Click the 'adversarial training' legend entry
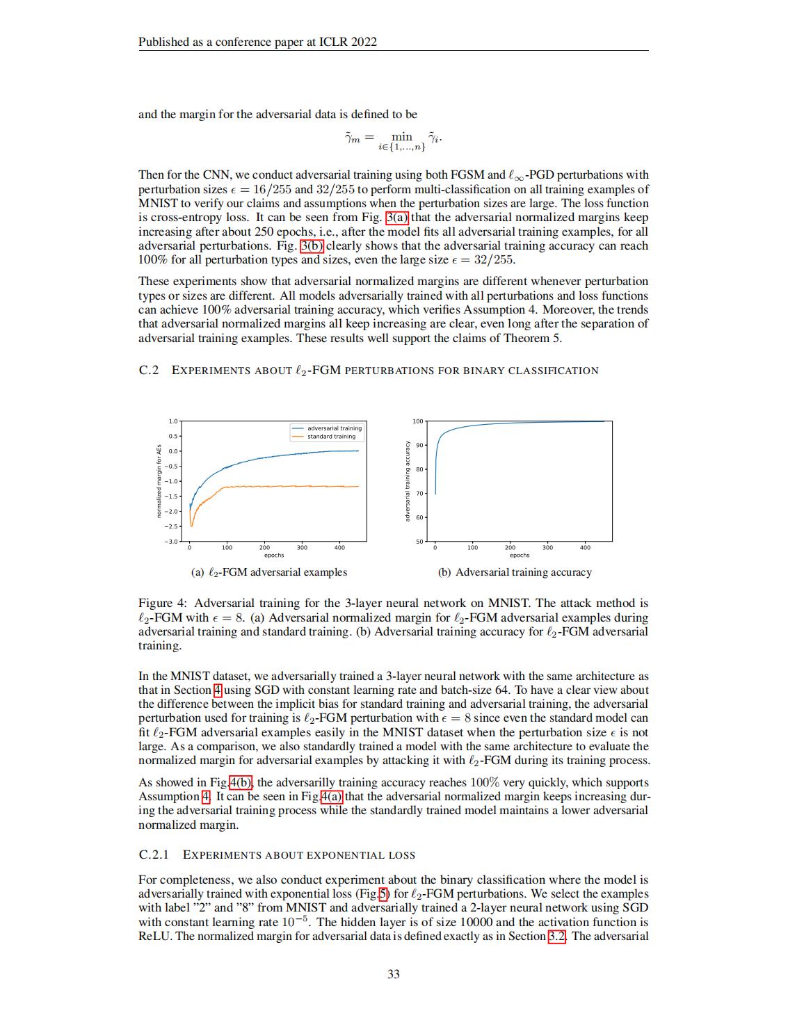tap(334, 428)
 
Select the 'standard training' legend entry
tap(331, 437)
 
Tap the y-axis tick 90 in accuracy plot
tap(418, 445)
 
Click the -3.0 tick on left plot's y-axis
tap(172, 541)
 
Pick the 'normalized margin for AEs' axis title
tap(159, 480)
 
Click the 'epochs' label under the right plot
tap(519, 556)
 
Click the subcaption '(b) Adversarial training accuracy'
tap(515, 572)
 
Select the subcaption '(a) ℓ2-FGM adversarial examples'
tap(268, 572)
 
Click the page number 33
tap(393, 974)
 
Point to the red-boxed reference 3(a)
tap(398, 218)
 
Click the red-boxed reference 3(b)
tap(312, 246)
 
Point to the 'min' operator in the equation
tap(401, 136)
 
